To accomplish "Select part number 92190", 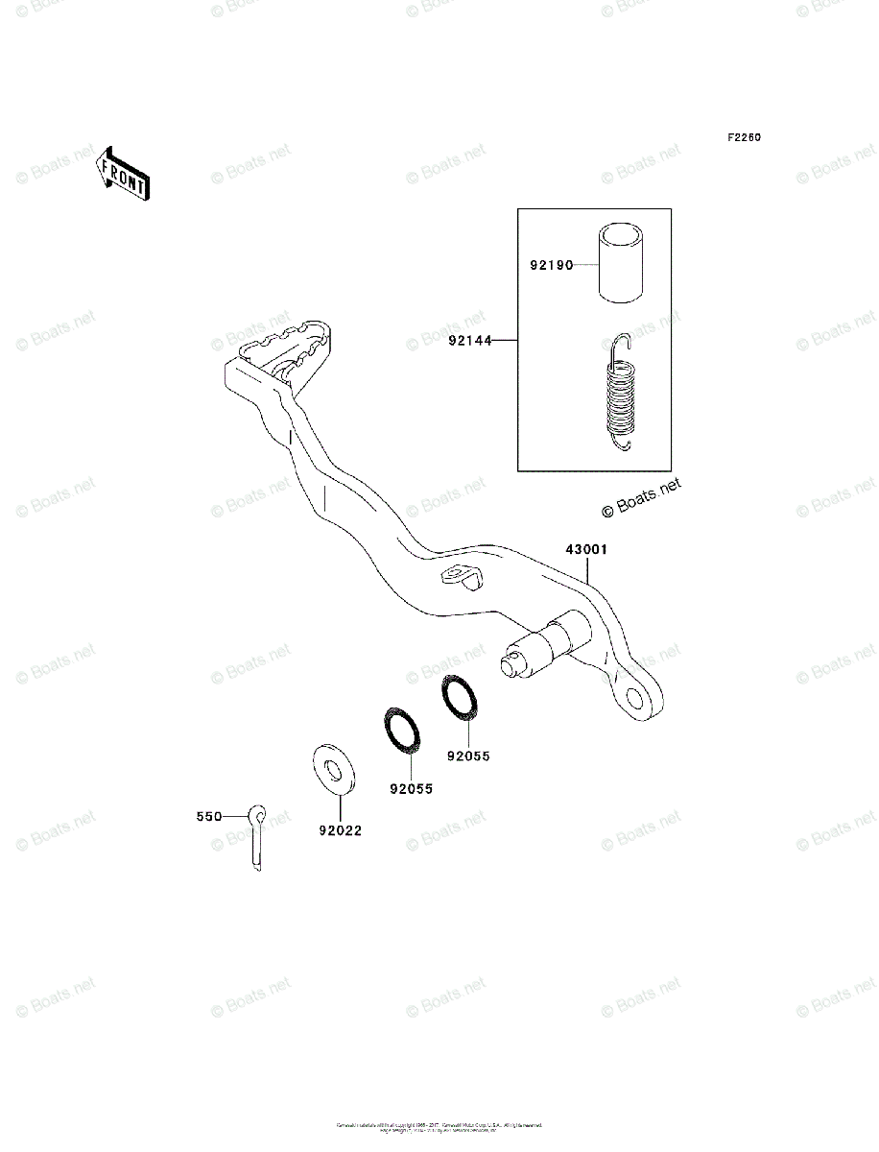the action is pos(550,265).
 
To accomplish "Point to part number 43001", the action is pos(585,550).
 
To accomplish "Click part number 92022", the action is pos(340,830).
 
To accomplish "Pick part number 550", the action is pos(208,817).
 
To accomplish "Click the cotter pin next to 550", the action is pos(257,836).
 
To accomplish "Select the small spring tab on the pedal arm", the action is pos(461,579).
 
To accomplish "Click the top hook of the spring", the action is pos(621,342).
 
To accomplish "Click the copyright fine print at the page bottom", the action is pos(439,1127).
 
